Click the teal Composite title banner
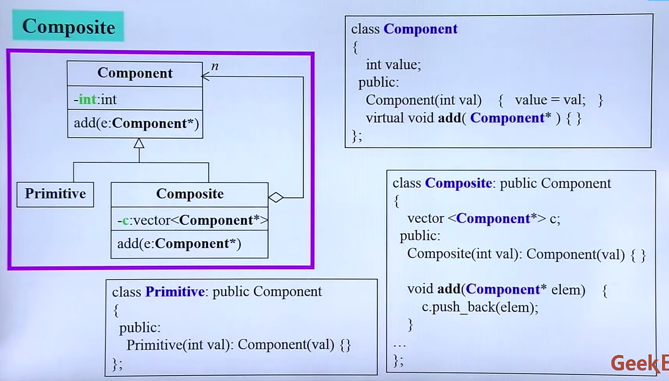[68, 27]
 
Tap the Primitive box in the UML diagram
[55, 194]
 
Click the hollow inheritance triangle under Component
[139, 143]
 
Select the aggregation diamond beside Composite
[276, 197]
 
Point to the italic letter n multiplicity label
[215, 66]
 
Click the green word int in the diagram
[87, 99]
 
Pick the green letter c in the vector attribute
[125, 220]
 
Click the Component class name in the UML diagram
[135, 73]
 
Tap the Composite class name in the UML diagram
[190, 194]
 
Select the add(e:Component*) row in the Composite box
[179, 244]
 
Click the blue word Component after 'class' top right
[420, 29]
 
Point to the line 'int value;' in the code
[393, 65]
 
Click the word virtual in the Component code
[384, 118]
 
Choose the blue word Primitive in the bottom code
[175, 292]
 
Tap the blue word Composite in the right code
[458, 183]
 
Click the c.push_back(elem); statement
[480, 307]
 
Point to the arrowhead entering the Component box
[205, 76]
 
